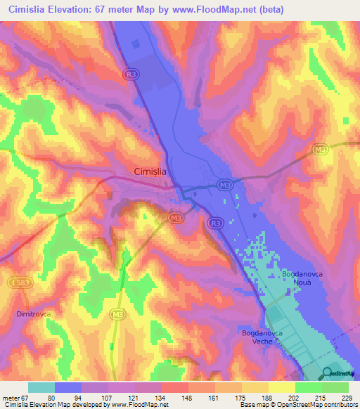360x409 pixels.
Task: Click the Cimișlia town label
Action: [152, 171]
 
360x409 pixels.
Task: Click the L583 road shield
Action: [20, 283]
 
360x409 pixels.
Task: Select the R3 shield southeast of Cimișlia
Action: [215, 224]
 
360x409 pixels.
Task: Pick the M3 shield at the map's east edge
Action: [321, 149]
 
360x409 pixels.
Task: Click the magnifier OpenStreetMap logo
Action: [329, 373]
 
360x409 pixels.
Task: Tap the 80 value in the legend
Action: [70, 397]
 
